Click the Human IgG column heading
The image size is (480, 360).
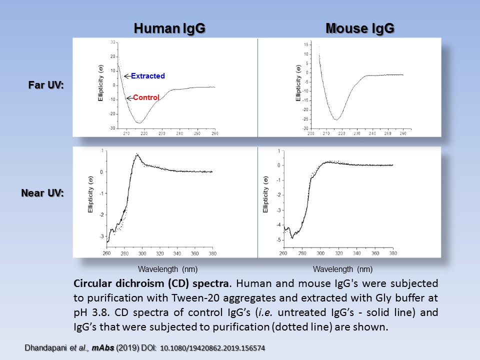(x=169, y=29)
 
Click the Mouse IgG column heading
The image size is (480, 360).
(x=360, y=29)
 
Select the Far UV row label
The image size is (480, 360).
(x=46, y=85)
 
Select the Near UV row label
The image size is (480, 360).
(x=43, y=192)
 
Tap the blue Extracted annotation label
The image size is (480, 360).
(x=148, y=76)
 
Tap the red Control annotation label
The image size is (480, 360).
(x=146, y=98)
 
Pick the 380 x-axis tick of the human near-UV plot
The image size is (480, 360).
(x=212, y=253)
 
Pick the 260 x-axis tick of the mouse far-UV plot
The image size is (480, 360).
(x=402, y=134)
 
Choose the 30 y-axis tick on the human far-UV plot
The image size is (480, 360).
(x=113, y=42)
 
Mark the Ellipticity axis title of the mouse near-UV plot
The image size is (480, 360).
(x=265, y=195)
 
